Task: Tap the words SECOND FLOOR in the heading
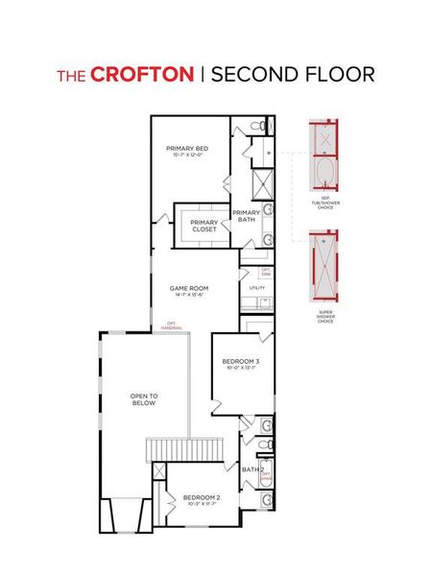coord(293,75)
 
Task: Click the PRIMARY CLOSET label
coord(203,226)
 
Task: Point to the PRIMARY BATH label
coord(246,216)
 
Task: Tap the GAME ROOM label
coord(189,290)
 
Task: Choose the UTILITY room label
coord(256,287)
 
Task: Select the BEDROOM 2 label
coord(202,499)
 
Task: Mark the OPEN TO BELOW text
coord(144,399)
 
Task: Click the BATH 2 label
coord(252,469)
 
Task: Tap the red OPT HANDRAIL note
coord(172,324)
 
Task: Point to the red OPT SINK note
coord(265,272)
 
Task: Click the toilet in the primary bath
coord(256,128)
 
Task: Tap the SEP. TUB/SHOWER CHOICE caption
coord(325,203)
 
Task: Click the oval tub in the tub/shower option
coord(325,174)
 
